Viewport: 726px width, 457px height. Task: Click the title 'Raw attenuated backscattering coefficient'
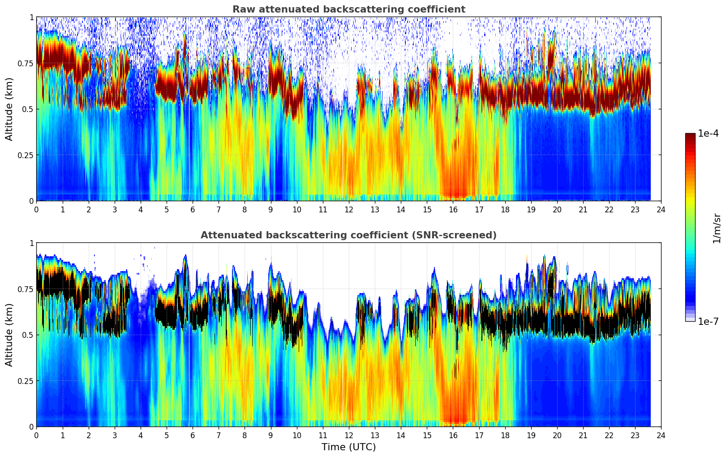[x=348, y=9]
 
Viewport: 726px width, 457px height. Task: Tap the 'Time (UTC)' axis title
[x=348, y=447]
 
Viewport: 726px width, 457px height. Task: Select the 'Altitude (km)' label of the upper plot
[x=9, y=109]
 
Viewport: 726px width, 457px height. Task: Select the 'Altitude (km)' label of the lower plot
[x=9, y=335]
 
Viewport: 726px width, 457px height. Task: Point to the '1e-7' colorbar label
[x=708, y=322]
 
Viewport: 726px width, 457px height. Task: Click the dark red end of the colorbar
[x=690, y=135]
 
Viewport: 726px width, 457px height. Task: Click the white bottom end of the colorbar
[x=690, y=319]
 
